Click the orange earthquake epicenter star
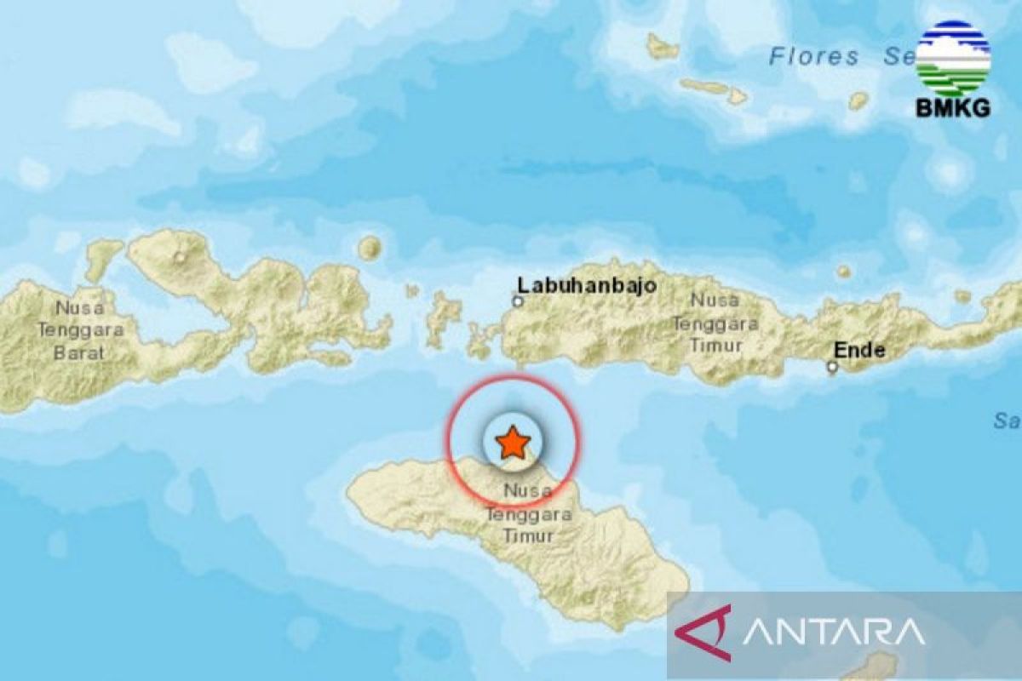(x=513, y=443)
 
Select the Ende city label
(x=859, y=350)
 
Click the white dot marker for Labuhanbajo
(x=517, y=301)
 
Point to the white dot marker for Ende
(x=832, y=368)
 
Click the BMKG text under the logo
(x=952, y=108)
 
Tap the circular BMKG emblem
(x=952, y=58)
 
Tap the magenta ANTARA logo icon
(x=704, y=632)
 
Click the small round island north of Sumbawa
(x=369, y=249)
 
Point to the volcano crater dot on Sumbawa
(x=180, y=256)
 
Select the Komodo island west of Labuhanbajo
(x=443, y=318)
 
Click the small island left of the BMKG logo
(x=858, y=100)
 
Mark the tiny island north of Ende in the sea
(x=842, y=272)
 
